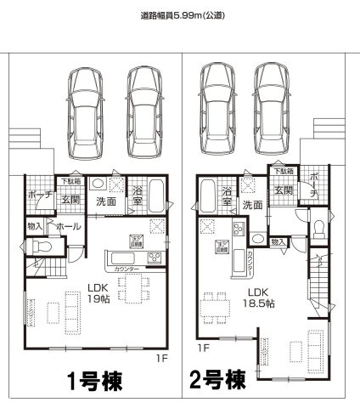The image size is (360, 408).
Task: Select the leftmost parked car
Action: tap(85, 110)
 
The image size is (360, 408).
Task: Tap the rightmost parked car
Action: tap(272, 108)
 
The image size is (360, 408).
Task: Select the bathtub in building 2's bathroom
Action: tap(206, 201)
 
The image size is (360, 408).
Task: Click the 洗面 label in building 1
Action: tap(106, 203)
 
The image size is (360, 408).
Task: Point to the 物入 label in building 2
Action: tap(278, 242)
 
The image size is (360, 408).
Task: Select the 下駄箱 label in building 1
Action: tap(70, 181)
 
